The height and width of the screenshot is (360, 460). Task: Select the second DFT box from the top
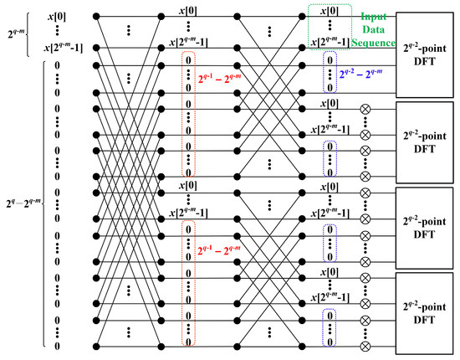(427, 137)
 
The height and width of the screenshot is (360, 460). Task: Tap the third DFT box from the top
(427, 223)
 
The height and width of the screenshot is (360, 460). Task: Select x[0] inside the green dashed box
(330, 11)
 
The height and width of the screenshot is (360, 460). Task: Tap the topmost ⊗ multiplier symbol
(364, 110)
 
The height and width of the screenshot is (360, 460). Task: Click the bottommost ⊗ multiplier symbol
(364, 344)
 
